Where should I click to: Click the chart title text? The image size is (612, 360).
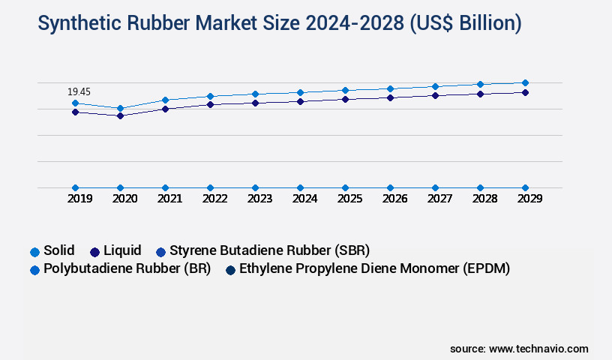point(279,23)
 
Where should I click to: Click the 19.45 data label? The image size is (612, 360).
point(79,91)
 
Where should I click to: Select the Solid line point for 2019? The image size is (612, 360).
point(75,103)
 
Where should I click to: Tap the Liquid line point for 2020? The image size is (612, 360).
point(120,115)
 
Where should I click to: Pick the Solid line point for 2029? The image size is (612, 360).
point(525,82)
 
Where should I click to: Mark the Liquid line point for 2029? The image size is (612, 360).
point(525,92)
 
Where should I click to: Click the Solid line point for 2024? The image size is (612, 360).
point(300,92)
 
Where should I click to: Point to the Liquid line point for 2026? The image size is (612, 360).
point(390,97)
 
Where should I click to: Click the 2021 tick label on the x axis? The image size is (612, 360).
point(169,199)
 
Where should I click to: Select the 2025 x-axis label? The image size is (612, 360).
point(349,199)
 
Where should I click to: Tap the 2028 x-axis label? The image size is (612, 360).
point(484,199)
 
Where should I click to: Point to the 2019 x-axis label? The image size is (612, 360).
point(79,199)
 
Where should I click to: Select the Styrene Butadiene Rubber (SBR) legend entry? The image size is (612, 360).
point(263,250)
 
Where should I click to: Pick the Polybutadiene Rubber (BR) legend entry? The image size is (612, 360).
point(120,268)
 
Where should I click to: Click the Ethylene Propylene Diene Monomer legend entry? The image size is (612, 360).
point(367,268)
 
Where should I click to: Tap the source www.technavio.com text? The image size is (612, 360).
point(519,349)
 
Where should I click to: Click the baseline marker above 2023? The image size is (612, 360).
point(255,187)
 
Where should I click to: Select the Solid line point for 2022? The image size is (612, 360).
point(210,96)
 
